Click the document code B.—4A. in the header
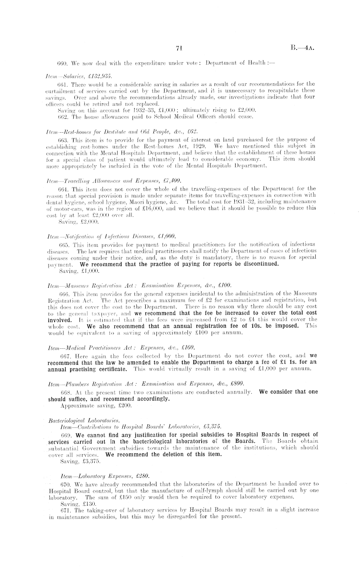point(303,48)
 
